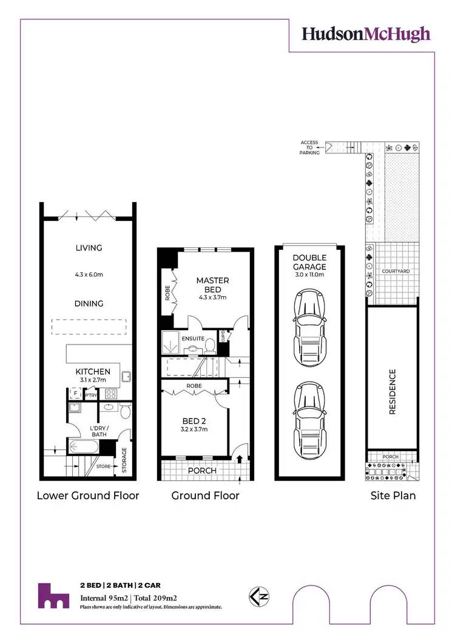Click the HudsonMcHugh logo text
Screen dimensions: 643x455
pyautogui.click(x=366, y=33)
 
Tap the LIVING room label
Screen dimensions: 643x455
pyautogui.click(x=89, y=247)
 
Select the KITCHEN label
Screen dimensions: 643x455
pyautogui.click(x=92, y=371)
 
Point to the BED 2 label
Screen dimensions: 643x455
pyautogui.click(x=195, y=420)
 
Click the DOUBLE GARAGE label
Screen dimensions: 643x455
pyautogui.click(x=309, y=262)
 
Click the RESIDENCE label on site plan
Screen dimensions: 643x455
pyautogui.click(x=392, y=391)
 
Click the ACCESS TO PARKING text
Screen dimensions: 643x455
pyautogui.click(x=309, y=147)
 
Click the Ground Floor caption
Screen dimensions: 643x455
pyautogui.click(x=205, y=496)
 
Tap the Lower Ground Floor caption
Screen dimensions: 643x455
pyautogui.click(x=88, y=496)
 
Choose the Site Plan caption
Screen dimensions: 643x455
pyautogui.click(x=393, y=496)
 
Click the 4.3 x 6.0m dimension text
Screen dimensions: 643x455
pyautogui.click(x=89, y=274)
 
